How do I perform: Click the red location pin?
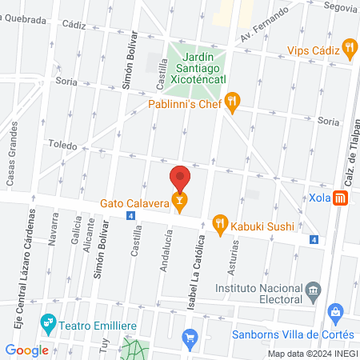click(x=180, y=178)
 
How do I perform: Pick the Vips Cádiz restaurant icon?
click(x=349, y=49)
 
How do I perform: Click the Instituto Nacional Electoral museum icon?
click(x=313, y=288)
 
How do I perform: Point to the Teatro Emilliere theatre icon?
click(x=48, y=323)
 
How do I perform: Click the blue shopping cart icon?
click(x=190, y=337)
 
